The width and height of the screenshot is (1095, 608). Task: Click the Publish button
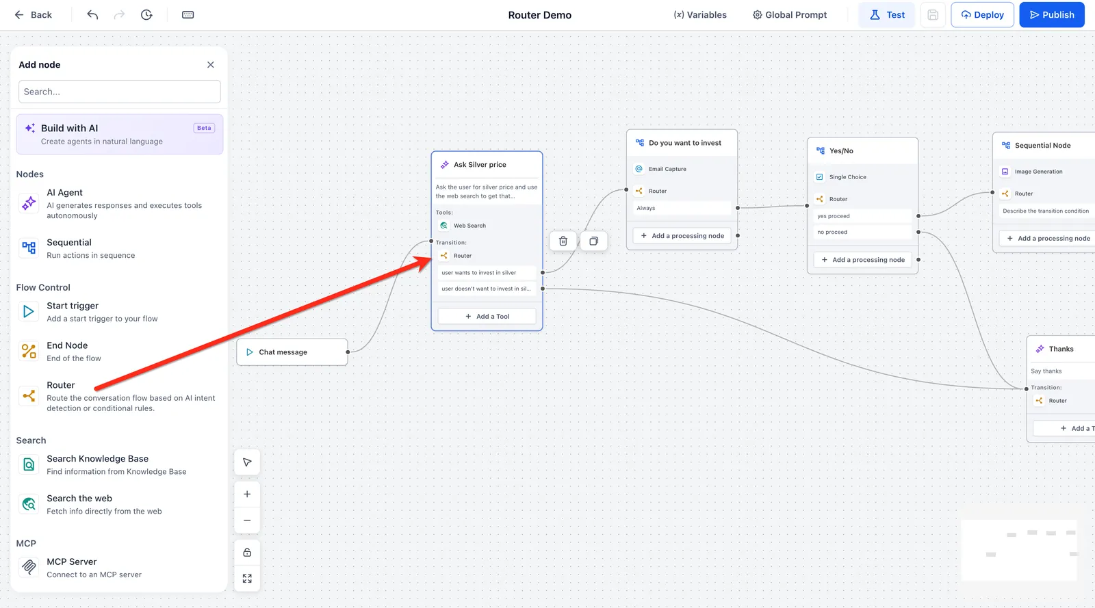1051,14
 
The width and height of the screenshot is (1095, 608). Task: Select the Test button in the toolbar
887,14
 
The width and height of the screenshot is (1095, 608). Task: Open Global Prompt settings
790,14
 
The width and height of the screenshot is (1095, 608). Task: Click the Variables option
700,14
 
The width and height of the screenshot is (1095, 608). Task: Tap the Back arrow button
34,14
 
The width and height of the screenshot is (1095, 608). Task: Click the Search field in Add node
120,92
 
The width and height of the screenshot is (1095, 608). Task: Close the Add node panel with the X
211,64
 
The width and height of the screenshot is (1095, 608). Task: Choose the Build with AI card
120,134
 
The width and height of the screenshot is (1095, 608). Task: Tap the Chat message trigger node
292,352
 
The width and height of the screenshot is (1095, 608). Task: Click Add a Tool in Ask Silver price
487,317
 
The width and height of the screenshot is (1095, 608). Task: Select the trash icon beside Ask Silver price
563,241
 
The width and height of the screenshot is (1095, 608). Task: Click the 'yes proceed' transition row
863,216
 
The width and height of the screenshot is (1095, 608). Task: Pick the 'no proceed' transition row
863,232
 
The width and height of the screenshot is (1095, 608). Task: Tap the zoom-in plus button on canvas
247,494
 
